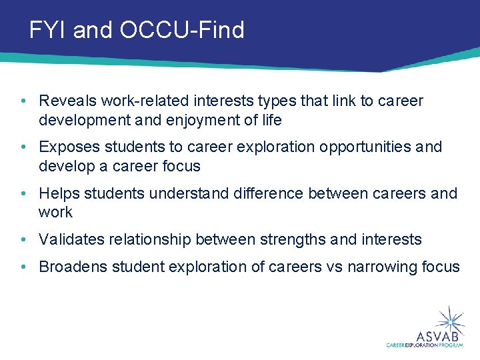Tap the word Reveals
pos(67,101)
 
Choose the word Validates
pos(71,239)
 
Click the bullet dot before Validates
pos(23,239)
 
